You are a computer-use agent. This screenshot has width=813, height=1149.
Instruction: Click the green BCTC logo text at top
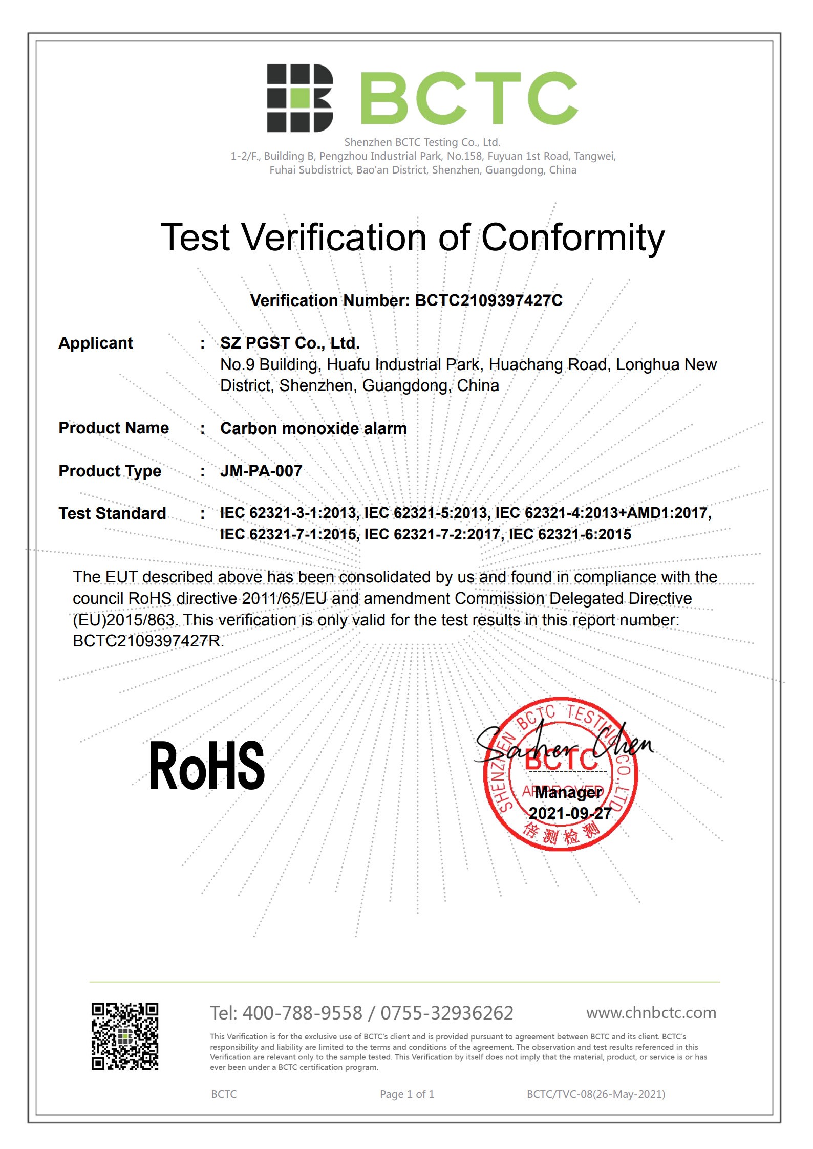tap(469, 98)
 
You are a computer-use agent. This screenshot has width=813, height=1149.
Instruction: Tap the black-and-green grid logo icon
tap(299, 98)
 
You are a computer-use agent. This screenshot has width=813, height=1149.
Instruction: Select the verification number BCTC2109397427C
tap(488, 300)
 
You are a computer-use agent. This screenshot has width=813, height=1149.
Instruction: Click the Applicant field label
tap(96, 343)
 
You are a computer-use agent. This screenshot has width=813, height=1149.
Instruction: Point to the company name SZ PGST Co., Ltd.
tap(290, 343)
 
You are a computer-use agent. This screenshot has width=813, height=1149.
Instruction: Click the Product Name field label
tap(113, 428)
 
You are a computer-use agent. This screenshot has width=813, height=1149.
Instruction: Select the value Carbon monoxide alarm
tap(313, 428)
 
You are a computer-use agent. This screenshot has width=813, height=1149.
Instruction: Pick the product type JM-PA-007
tap(261, 471)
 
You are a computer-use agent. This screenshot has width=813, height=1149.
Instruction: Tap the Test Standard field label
tap(112, 513)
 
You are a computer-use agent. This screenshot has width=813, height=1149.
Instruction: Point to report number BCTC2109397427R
tap(148, 641)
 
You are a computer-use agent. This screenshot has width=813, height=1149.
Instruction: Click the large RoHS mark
tap(207, 766)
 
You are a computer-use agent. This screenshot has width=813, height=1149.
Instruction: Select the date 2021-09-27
tap(570, 813)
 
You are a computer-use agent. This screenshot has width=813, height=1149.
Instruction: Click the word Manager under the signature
tap(568, 792)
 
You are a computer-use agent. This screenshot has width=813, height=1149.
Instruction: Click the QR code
tap(125, 1036)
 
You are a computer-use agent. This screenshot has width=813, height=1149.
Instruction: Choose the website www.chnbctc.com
tap(651, 1012)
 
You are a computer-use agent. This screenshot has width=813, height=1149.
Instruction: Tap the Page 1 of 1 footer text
tap(407, 1094)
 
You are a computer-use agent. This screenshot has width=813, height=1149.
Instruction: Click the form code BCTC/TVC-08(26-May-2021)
tap(596, 1094)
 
